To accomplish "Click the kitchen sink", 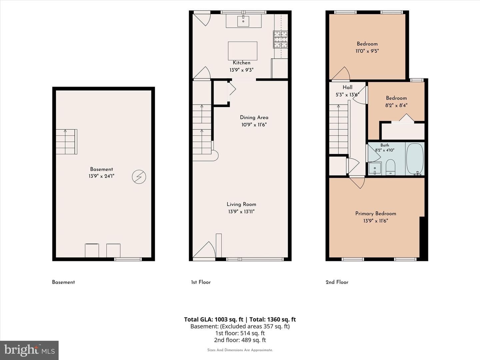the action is (x=243, y=21).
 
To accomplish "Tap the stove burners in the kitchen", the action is (x=280, y=40).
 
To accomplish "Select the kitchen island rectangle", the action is (x=243, y=51).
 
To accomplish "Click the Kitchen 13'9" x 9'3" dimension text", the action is (x=241, y=70).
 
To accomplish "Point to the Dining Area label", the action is (x=254, y=117).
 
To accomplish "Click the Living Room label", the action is (x=241, y=204).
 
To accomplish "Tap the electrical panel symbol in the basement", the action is (x=139, y=177).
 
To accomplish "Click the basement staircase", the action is (x=66, y=142).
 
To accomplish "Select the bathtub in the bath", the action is (x=415, y=159).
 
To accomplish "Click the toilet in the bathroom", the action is (x=390, y=167).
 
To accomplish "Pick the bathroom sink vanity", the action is (x=375, y=168).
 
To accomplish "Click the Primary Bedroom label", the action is (x=376, y=214).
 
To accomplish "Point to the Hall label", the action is (x=347, y=87).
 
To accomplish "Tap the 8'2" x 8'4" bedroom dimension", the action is (x=396, y=105).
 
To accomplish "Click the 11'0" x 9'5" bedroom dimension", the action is (x=367, y=51).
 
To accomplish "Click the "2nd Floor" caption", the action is (x=337, y=282).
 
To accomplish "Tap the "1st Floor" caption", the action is (x=201, y=282).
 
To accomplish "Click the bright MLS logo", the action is (x=29, y=350).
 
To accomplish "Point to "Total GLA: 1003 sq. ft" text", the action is (x=214, y=319).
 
